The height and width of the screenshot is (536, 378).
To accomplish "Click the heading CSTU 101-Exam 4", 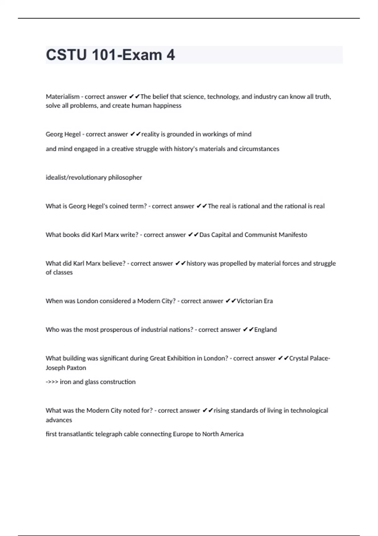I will click(110, 55).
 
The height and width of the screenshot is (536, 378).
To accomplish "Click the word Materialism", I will click(62, 96).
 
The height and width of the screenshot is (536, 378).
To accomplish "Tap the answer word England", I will click(265, 330).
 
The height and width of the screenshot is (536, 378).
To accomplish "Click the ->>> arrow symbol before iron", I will click(52, 382).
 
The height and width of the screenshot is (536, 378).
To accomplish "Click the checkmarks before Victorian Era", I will click(231, 301).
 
